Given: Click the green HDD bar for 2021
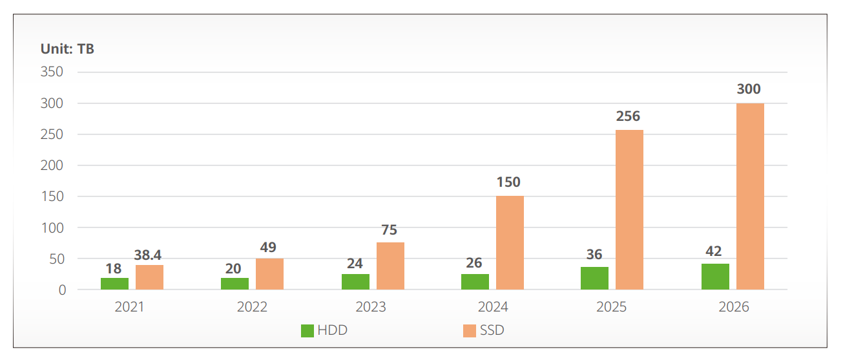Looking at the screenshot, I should pyautogui.click(x=114, y=284).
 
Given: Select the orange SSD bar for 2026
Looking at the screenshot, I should pyautogui.click(x=750, y=196).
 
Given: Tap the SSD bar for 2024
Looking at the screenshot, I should pyautogui.click(x=510, y=243).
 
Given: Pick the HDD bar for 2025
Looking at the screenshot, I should pyautogui.click(x=594, y=279).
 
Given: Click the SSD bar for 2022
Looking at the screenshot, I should pyautogui.click(x=269, y=274).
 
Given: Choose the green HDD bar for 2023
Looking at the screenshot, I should pyautogui.click(x=355, y=282).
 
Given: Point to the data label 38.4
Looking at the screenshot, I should pyautogui.click(x=149, y=255).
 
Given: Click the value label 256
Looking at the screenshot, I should pyautogui.click(x=628, y=116).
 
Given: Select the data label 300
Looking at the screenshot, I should pyautogui.click(x=749, y=89).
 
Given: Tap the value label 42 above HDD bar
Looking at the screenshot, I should pyautogui.click(x=714, y=251).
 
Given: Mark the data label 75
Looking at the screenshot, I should pyautogui.click(x=389, y=230).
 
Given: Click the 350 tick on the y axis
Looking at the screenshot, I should pyautogui.click(x=52, y=72).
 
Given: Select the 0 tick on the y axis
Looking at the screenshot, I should pyautogui.click(x=62, y=290).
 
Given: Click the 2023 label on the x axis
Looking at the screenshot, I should pyautogui.click(x=371, y=307).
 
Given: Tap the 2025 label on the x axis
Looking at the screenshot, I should pyautogui.click(x=611, y=307).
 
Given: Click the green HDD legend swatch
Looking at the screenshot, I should pyautogui.click(x=307, y=331).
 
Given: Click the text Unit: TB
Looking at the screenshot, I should pyautogui.click(x=67, y=49).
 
